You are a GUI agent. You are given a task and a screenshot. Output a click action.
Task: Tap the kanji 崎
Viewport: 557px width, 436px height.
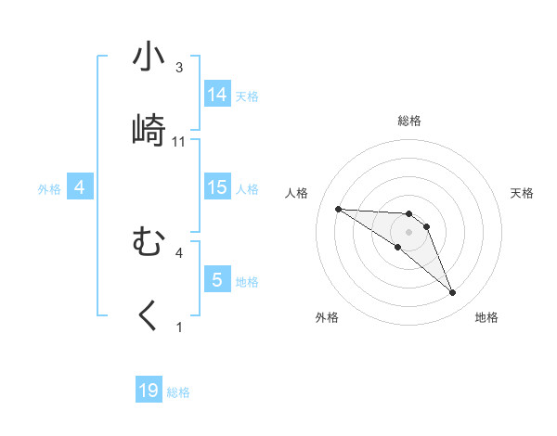point(149,131)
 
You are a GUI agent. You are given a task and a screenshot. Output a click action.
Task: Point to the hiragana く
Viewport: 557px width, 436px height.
point(149,316)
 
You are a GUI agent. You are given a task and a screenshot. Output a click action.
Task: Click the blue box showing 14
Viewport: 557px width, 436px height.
point(217,94)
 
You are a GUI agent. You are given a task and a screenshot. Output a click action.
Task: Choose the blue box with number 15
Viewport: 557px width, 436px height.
point(217,187)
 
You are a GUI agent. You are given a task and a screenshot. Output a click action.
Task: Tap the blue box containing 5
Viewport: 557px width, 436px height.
point(217,279)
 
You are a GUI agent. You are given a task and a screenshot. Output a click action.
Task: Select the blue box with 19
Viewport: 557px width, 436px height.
point(149,391)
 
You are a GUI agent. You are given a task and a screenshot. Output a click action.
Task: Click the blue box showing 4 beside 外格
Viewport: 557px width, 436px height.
point(79,187)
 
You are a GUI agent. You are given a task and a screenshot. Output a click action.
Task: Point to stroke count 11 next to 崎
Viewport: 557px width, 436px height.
point(179,142)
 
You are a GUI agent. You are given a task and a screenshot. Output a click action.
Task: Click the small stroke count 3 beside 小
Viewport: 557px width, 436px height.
point(178,68)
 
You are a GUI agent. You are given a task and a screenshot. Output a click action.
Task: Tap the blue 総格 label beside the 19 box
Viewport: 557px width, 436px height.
point(178,392)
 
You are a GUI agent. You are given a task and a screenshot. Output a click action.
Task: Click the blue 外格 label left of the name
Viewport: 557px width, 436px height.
point(49,188)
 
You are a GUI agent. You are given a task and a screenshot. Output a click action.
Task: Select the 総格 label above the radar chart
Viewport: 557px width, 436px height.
point(409,121)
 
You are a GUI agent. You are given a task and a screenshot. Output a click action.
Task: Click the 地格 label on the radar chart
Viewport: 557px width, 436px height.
point(486,317)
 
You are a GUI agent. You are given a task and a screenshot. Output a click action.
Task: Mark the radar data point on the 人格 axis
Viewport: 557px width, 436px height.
point(339,209)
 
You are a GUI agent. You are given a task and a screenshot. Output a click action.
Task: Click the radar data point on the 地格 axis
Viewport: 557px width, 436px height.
point(452,293)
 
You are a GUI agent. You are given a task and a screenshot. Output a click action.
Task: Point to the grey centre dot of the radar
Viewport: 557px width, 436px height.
point(409,231)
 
